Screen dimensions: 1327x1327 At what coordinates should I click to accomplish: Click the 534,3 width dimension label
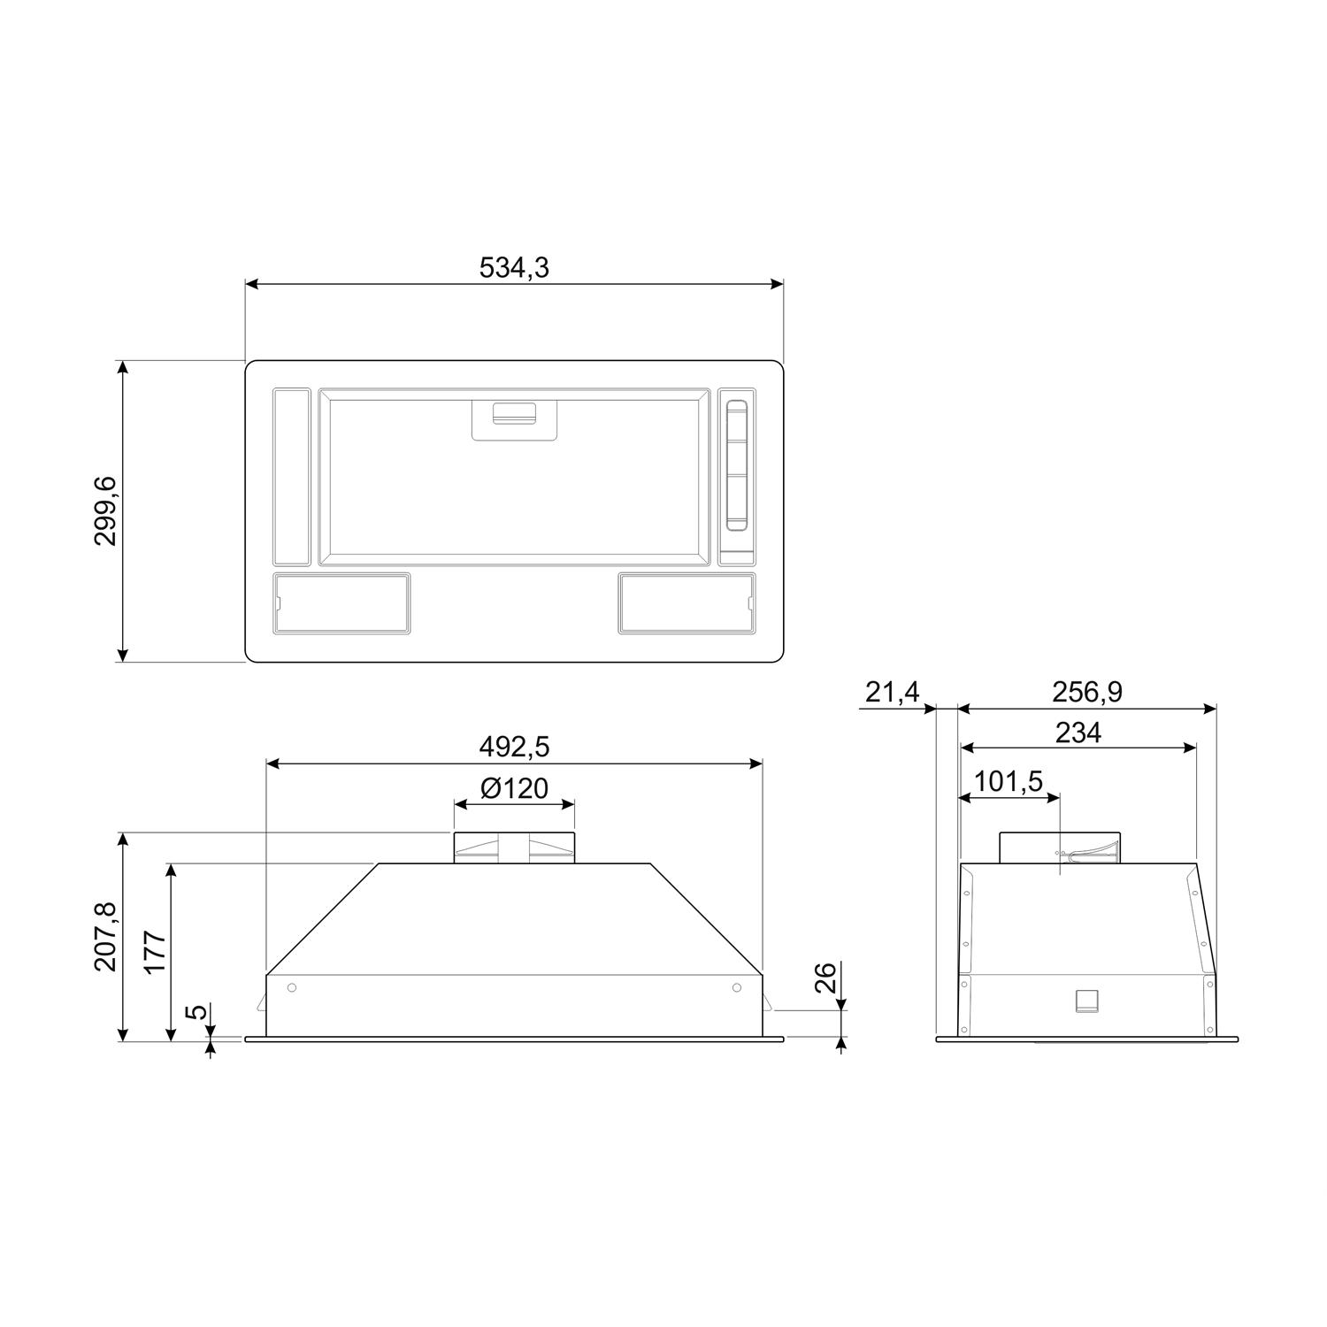[x=514, y=267]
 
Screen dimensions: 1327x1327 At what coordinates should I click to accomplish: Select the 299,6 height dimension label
[x=106, y=510]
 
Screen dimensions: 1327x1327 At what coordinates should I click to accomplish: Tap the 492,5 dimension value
[x=514, y=747]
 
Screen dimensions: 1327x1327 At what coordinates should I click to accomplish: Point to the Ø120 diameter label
[x=515, y=787]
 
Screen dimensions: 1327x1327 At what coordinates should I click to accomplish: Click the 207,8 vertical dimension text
[x=106, y=937]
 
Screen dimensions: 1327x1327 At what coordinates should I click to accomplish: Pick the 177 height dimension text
[x=156, y=952]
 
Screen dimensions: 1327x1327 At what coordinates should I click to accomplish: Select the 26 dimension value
[x=825, y=978]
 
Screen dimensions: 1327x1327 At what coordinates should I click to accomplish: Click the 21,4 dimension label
[x=893, y=692]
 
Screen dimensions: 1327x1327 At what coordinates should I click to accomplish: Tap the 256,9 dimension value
[x=1087, y=692]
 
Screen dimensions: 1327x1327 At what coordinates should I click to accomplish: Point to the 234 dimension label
[x=1078, y=733]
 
